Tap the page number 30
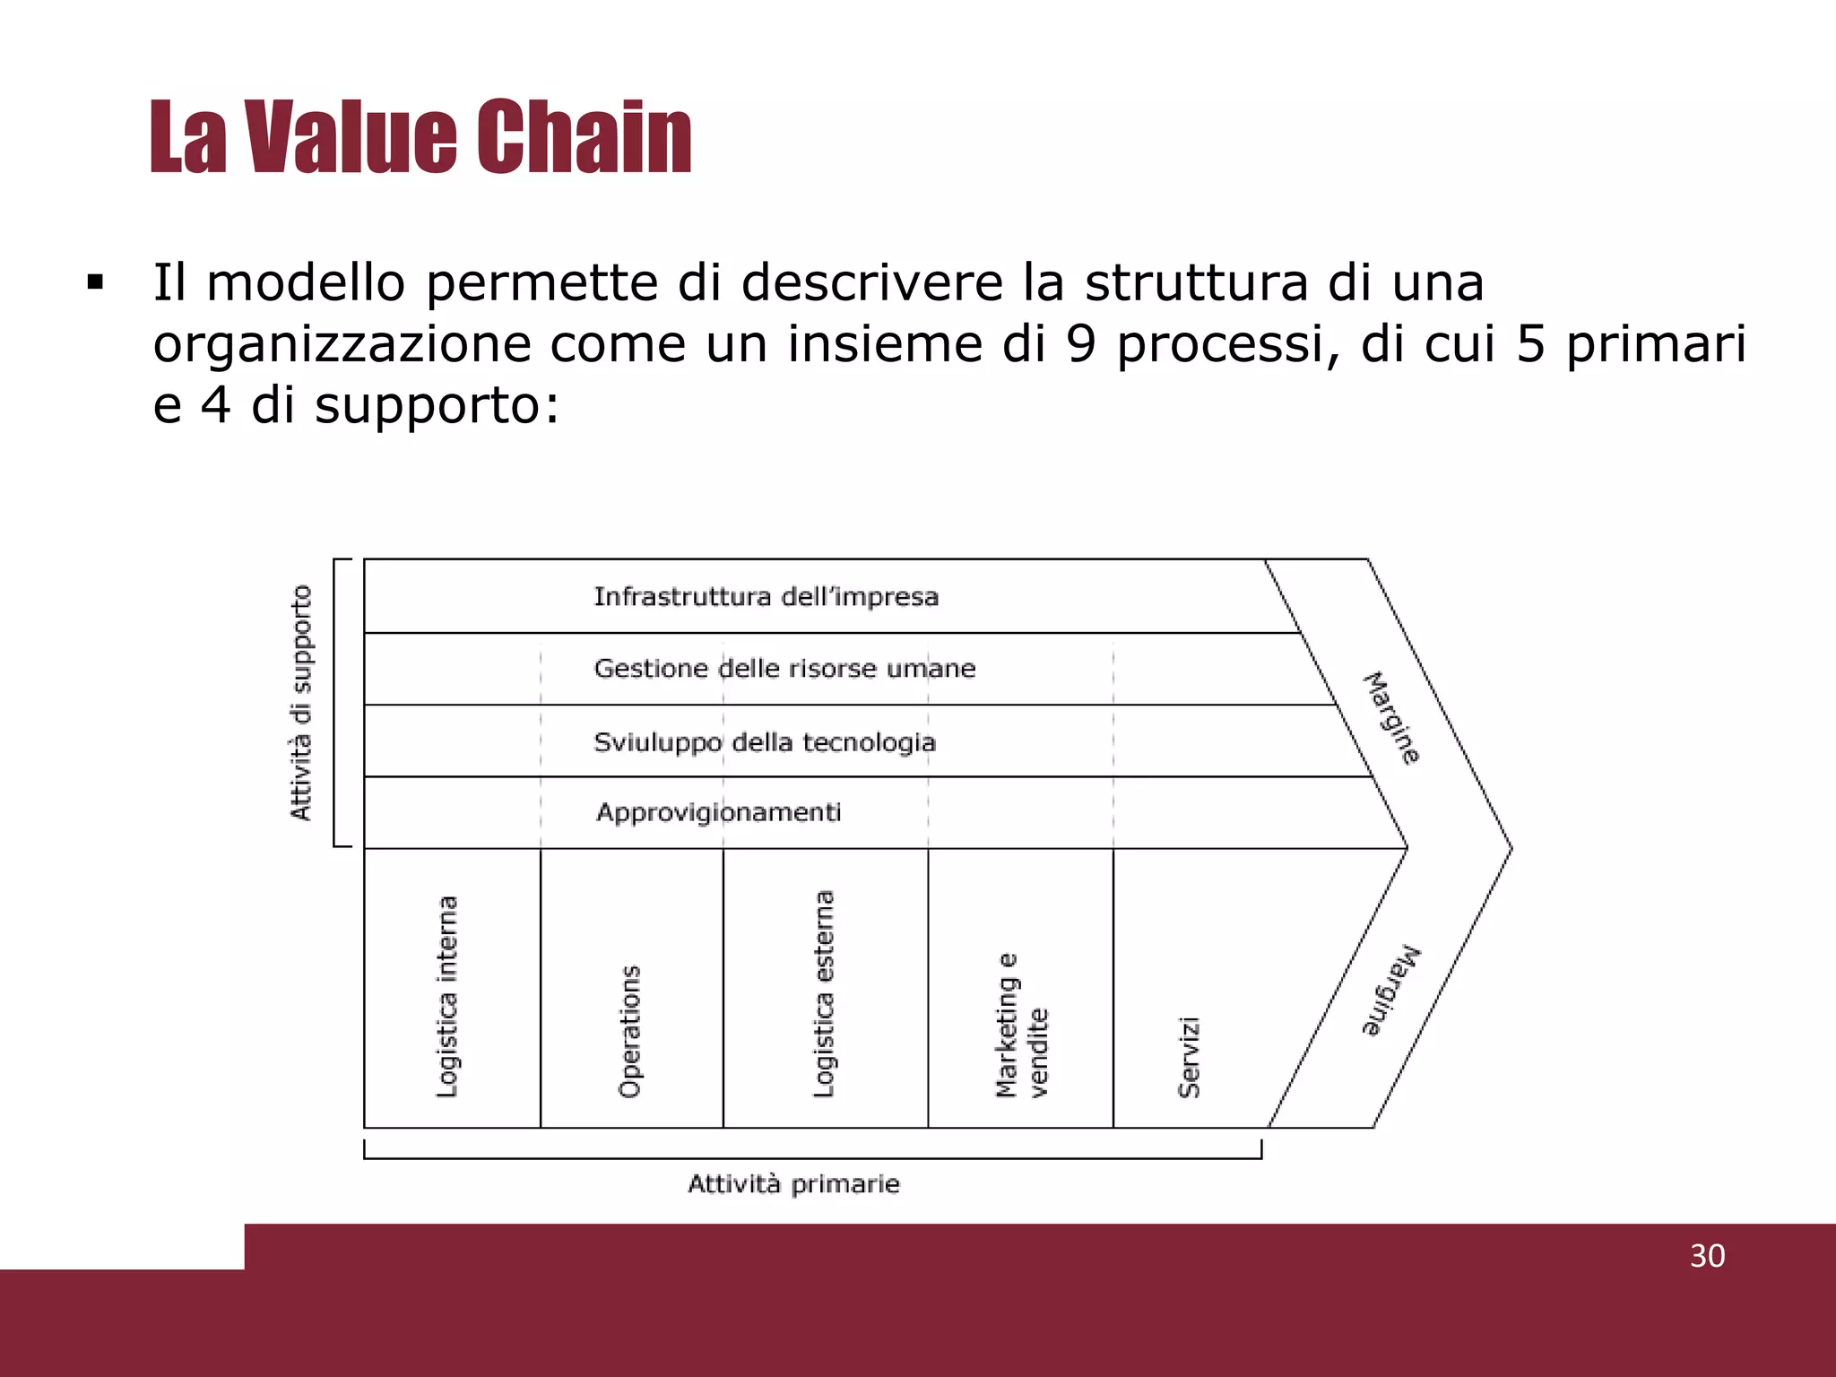1707,1256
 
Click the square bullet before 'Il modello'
95,284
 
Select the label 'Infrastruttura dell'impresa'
766,597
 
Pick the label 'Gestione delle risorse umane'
784,669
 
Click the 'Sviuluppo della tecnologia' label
765,742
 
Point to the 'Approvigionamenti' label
718,813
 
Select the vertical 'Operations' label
630,1031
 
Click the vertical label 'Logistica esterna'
824,993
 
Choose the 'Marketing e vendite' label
1021,1026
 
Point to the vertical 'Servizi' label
1189,1057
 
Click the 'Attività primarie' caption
793,1184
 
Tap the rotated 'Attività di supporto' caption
301,702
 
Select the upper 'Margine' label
1391,717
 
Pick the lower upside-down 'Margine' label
1391,991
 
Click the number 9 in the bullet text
1082,344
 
